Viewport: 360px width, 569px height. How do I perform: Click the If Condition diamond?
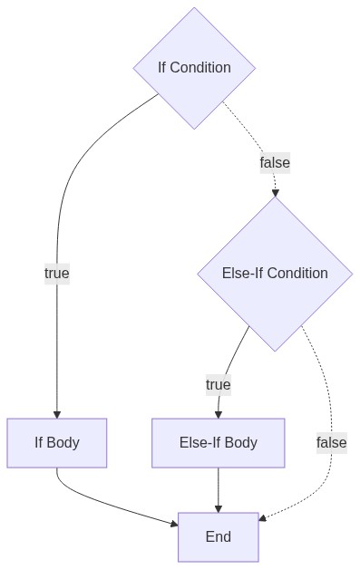[194, 68]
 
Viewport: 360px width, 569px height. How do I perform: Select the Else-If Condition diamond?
[275, 274]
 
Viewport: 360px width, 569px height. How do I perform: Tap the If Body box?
[56, 443]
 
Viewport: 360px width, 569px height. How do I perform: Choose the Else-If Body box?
[219, 443]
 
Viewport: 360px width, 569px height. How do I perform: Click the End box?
[219, 537]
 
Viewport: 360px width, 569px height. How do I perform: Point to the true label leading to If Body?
[57, 274]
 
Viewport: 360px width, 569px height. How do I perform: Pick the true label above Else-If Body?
[219, 385]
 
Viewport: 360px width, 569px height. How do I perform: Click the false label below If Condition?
[275, 162]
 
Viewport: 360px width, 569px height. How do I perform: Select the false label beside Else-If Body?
[332, 443]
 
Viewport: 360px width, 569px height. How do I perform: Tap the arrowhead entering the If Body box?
[56, 415]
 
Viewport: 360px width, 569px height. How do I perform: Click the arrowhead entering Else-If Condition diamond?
[275, 193]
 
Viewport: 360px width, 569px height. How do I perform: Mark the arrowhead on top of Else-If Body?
[219, 415]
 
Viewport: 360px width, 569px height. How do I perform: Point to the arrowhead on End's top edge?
[219, 509]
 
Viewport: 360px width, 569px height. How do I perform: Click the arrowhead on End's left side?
[174, 524]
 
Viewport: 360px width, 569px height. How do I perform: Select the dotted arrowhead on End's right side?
[263, 518]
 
